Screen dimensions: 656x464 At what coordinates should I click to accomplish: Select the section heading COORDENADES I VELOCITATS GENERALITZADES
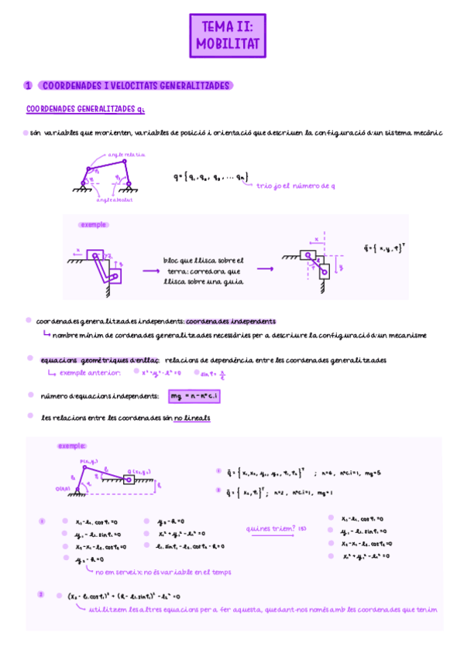[x=136, y=85]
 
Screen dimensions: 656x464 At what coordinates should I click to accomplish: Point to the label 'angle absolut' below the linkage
[x=115, y=200]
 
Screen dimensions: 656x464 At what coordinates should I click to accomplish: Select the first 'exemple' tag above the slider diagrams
[x=94, y=224]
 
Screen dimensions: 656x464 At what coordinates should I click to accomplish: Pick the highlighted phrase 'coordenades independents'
[x=231, y=320]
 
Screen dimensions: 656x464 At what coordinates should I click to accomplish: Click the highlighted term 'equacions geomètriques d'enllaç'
[x=99, y=360]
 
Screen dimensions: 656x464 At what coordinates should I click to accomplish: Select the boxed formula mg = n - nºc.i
[x=196, y=396]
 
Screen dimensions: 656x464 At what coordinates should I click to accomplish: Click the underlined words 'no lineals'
[x=191, y=418]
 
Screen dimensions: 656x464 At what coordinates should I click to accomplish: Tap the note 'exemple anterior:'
[x=90, y=373]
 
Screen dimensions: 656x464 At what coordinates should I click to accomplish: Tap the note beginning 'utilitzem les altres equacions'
[x=263, y=610]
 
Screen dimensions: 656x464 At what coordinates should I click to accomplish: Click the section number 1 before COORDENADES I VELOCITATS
[x=27, y=85]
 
